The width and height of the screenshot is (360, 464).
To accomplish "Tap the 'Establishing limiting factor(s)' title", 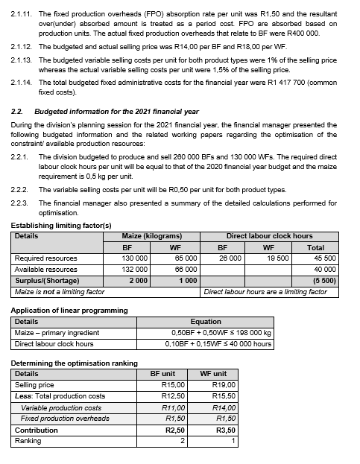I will pos(62,225).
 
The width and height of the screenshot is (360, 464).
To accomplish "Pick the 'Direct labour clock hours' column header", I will pos(269,236).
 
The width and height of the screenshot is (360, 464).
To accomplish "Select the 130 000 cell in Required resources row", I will pos(133,258).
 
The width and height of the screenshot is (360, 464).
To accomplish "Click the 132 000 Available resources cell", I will pos(133,269).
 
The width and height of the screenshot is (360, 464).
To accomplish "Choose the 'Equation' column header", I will pos(206,322).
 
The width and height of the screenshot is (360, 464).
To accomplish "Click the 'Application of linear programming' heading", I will pos(69,310).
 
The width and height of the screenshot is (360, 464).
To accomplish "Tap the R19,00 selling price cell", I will pos(224,384).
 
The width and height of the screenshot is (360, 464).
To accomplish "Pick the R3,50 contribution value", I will pos(224,430).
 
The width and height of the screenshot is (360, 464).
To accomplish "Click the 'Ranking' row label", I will pos(28,441).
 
